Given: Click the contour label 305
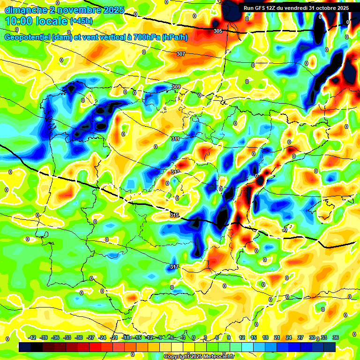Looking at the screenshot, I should (x=217, y=31).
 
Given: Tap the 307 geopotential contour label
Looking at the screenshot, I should (x=181, y=54).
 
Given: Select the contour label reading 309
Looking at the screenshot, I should (x=176, y=87).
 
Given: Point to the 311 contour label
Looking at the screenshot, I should (x=175, y=139).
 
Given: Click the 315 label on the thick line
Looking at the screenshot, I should (x=174, y=215).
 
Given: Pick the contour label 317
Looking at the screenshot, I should (x=174, y=267).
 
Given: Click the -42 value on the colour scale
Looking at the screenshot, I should (x=32, y=338).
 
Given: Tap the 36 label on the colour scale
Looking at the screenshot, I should (x=335, y=338).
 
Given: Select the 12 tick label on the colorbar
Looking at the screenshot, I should (x=242, y=338).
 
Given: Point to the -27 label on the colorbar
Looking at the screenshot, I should (x=90, y=338).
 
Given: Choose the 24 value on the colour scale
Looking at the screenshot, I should (x=288, y=338).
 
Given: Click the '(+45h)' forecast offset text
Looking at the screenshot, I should (x=81, y=21).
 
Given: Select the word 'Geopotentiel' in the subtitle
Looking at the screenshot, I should (x=28, y=37).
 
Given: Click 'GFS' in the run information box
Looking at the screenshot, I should (x=262, y=8).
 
